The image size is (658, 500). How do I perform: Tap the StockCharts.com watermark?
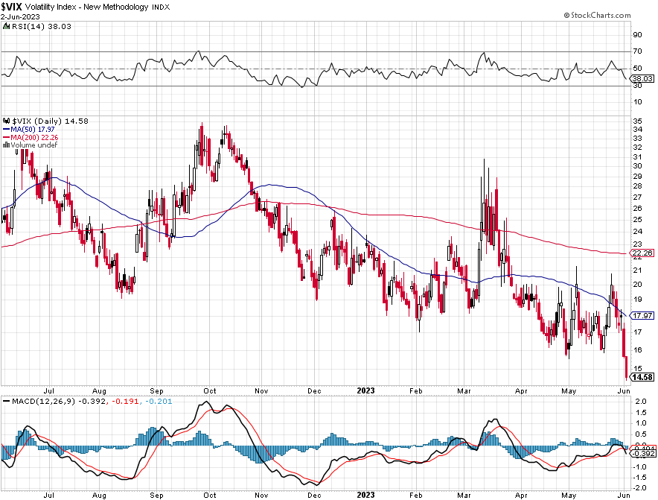(609, 15)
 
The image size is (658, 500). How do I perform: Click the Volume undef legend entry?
(32, 145)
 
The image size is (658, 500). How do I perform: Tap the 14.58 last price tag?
(642, 378)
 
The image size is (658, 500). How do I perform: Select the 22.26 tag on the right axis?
(642, 253)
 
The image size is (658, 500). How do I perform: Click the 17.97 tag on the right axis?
(642, 315)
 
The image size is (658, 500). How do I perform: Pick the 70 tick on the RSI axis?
(637, 51)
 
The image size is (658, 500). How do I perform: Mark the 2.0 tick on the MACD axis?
(638, 402)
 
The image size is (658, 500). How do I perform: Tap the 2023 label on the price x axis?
(365, 390)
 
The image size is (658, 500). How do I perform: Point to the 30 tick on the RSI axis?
(637, 85)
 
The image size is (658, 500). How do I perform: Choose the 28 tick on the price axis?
(637, 177)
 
